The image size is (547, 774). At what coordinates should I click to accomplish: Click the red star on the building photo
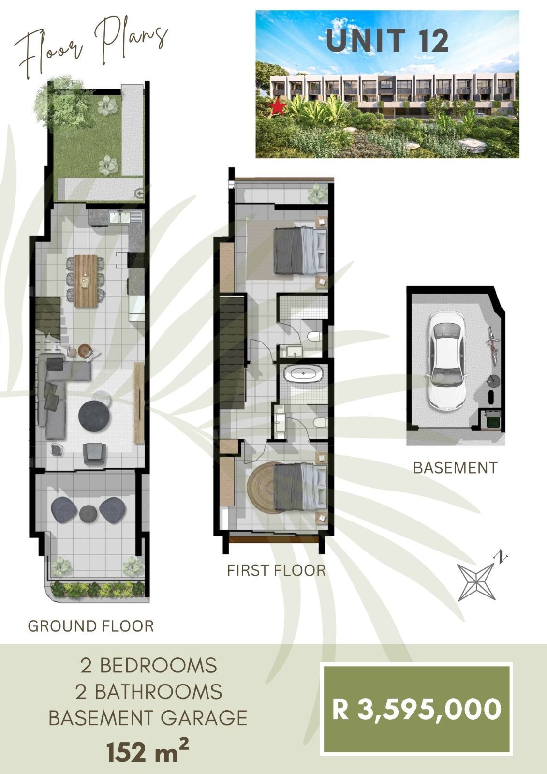[278, 107]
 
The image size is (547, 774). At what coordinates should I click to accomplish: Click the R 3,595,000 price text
[417, 710]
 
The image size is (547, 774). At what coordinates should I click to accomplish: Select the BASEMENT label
[456, 468]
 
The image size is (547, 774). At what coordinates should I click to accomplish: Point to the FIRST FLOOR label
[277, 570]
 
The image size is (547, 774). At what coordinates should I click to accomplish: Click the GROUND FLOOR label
[91, 626]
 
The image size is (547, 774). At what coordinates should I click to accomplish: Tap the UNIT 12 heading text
[387, 41]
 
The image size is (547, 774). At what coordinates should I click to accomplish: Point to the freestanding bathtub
[304, 374]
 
